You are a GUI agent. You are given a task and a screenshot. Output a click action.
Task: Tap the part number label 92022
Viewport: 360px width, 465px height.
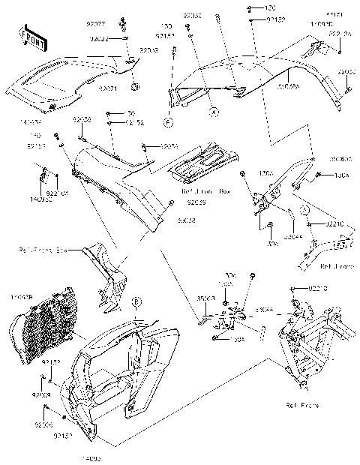(99, 39)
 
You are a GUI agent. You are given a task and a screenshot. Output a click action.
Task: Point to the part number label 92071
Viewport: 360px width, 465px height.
(109, 88)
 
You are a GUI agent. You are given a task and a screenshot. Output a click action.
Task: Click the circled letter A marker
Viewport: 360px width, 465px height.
(213, 111)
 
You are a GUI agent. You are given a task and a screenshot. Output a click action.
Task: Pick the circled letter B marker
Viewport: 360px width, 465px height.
(136, 302)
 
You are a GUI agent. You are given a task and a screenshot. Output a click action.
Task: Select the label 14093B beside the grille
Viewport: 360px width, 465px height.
(19, 298)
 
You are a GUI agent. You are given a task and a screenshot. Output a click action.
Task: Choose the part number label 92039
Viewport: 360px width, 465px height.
(196, 202)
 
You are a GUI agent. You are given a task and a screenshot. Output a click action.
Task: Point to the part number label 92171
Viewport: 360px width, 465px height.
(334, 14)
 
